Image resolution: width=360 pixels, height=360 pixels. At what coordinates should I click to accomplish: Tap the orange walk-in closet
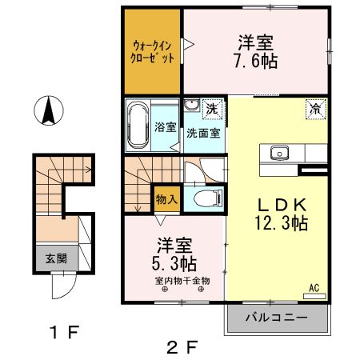click(153, 52)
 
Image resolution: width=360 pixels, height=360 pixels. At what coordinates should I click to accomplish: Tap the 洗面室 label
click(203, 134)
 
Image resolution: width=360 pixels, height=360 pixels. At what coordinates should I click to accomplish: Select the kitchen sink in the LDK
click(280, 152)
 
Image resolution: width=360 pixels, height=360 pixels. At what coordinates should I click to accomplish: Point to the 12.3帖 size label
click(276, 224)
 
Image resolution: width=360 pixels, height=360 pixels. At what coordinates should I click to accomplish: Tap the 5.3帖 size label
click(174, 262)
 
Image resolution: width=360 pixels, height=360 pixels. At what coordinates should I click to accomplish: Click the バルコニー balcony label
click(278, 318)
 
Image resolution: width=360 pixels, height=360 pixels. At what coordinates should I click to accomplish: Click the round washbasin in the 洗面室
click(193, 106)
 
